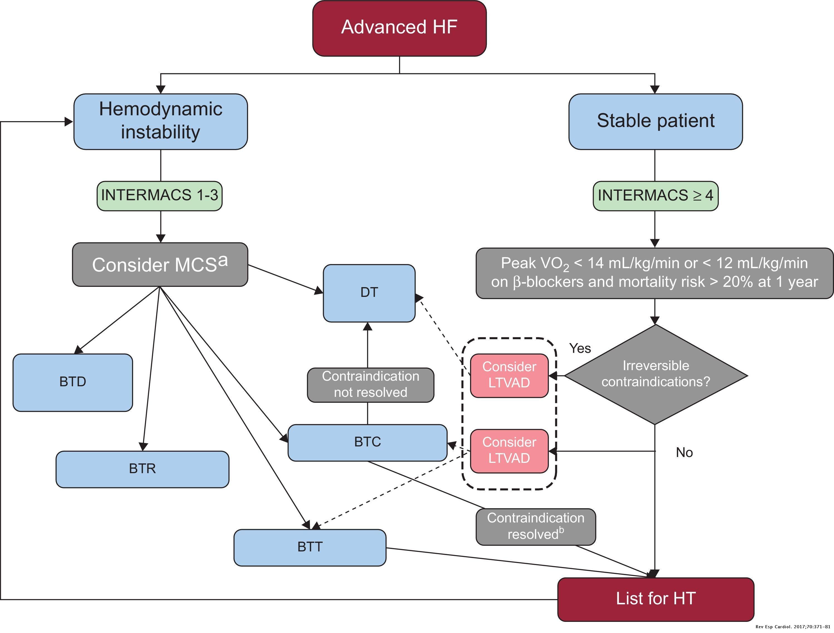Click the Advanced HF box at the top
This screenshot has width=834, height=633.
pyautogui.click(x=399, y=28)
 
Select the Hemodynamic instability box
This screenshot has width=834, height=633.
pyautogui.click(x=161, y=121)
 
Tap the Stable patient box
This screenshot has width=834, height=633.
pyautogui.click(x=655, y=121)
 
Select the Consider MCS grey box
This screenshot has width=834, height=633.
pyautogui.click(x=160, y=265)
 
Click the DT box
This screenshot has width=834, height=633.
pyautogui.click(x=369, y=293)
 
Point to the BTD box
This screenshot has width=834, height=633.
pyautogui.click(x=73, y=382)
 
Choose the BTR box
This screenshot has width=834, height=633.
pyautogui.click(x=143, y=469)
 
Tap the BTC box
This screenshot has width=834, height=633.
pyautogui.click(x=368, y=442)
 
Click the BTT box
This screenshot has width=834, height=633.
pyautogui.click(x=310, y=548)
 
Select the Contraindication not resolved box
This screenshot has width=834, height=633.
pyautogui.click(x=371, y=385)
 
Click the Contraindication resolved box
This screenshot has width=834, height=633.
pyautogui.click(x=535, y=527)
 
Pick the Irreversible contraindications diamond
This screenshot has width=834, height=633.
pyautogui.click(x=656, y=374)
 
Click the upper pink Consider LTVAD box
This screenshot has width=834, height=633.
pyautogui.click(x=509, y=375)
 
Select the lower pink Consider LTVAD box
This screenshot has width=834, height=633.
pyautogui.click(x=509, y=451)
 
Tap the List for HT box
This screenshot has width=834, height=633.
pyautogui.click(x=656, y=599)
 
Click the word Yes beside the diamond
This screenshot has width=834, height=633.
pyautogui.click(x=580, y=348)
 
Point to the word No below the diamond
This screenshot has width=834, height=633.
pyautogui.click(x=684, y=453)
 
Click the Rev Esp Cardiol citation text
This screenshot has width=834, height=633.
pyautogui.click(x=792, y=627)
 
